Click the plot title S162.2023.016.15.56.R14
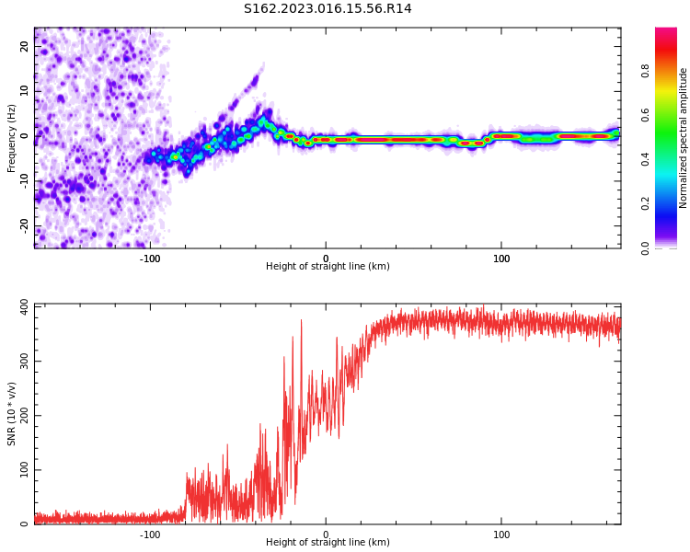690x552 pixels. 328,9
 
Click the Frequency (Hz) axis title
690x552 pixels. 12,138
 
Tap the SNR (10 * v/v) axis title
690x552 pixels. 12,414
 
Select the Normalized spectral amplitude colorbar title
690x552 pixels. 684,138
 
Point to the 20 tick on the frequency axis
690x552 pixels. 25,47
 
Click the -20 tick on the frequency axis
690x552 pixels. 25,225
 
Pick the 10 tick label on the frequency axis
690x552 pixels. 25,91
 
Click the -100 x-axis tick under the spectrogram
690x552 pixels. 150,259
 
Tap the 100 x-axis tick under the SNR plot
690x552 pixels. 501,535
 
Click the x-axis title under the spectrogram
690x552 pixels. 328,267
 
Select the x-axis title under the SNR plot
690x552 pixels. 328,543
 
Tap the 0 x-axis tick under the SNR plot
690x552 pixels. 326,535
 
